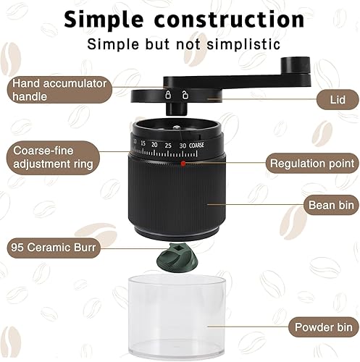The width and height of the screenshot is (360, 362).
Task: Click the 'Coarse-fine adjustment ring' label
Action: (54, 157)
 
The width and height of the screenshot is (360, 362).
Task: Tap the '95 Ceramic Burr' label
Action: (54, 248)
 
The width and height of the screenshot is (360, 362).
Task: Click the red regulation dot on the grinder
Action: (183, 163)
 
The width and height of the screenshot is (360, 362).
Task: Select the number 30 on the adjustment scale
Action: (183, 146)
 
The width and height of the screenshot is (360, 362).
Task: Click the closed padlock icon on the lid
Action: (168, 95)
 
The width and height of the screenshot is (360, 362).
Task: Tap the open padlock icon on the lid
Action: (185, 95)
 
